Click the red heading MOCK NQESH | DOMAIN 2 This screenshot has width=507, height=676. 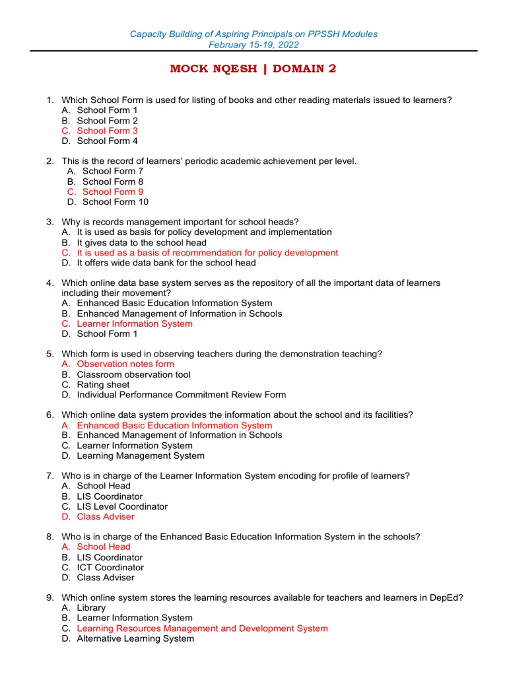(x=253, y=69)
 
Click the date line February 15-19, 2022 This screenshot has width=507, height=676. (x=253, y=45)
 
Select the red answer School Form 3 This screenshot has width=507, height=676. (x=107, y=131)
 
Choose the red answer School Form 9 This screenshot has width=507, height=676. (x=112, y=191)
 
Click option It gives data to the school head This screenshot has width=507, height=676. (x=141, y=242)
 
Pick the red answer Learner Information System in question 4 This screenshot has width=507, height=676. (x=135, y=323)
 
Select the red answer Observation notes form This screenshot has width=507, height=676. (x=125, y=364)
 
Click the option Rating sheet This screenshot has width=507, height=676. (x=103, y=384)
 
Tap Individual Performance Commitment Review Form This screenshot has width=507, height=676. (x=181, y=395)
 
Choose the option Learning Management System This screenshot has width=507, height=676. (x=141, y=456)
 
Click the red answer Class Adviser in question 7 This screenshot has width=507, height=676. (x=105, y=516)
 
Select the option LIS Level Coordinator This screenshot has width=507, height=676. (x=122, y=506)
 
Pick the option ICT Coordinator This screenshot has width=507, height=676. (x=110, y=567)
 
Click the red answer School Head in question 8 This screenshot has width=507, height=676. (x=104, y=547)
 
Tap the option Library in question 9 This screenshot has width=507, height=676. (x=91, y=607)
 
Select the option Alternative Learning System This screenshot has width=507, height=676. (x=135, y=638)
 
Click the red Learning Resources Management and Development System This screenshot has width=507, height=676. (x=202, y=628)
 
